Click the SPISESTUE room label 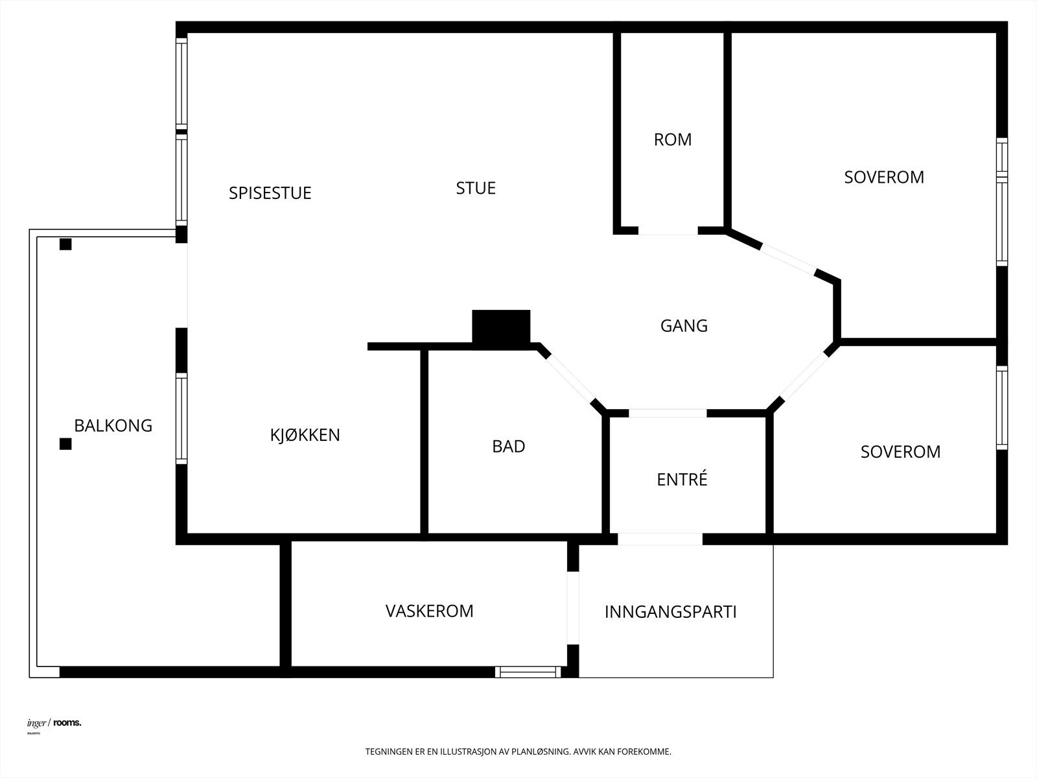click(270, 193)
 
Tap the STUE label click(476, 188)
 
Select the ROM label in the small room click(673, 139)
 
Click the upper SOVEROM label click(884, 177)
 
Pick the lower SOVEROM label click(900, 452)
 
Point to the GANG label click(684, 325)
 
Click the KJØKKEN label click(305, 435)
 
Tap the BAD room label click(509, 446)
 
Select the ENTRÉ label click(682, 480)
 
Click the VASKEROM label click(429, 611)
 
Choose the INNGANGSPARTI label click(670, 612)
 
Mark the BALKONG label click(113, 425)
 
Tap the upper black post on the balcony click(65, 244)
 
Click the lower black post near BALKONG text click(65, 444)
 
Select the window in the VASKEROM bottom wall click(529, 672)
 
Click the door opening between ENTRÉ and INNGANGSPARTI click(660, 539)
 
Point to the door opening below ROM click(668, 230)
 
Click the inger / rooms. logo click(54, 723)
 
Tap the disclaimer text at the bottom click(518, 752)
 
